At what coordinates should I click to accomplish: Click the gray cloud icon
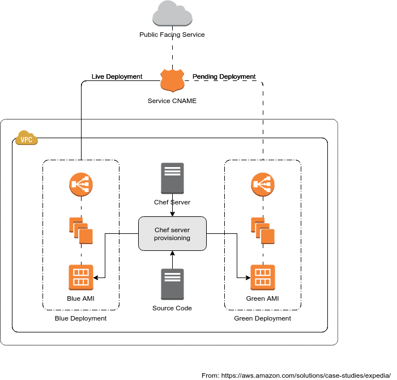(x=172, y=14)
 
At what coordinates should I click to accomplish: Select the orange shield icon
(x=172, y=80)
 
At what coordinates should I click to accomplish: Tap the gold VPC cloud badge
(x=26, y=138)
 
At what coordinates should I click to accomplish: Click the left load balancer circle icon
(x=81, y=184)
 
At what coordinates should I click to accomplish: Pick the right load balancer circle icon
(x=263, y=184)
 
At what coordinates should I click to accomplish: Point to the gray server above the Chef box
(x=172, y=178)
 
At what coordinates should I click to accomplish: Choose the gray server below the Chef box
(x=172, y=284)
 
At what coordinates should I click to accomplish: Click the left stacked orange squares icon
(x=81, y=230)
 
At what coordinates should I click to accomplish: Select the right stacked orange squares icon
(x=263, y=230)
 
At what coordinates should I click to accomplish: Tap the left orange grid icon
(x=81, y=277)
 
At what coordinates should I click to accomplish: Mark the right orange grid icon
(x=263, y=277)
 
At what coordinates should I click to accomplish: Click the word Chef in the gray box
(x=162, y=230)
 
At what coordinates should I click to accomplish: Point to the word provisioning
(x=172, y=238)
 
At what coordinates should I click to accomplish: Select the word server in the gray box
(x=181, y=230)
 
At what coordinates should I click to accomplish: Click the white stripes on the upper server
(x=172, y=170)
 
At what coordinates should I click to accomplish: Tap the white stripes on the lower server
(x=172, y=276)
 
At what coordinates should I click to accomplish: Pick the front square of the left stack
(x=86, y=236)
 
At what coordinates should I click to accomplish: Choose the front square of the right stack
(x=268, y=236)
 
